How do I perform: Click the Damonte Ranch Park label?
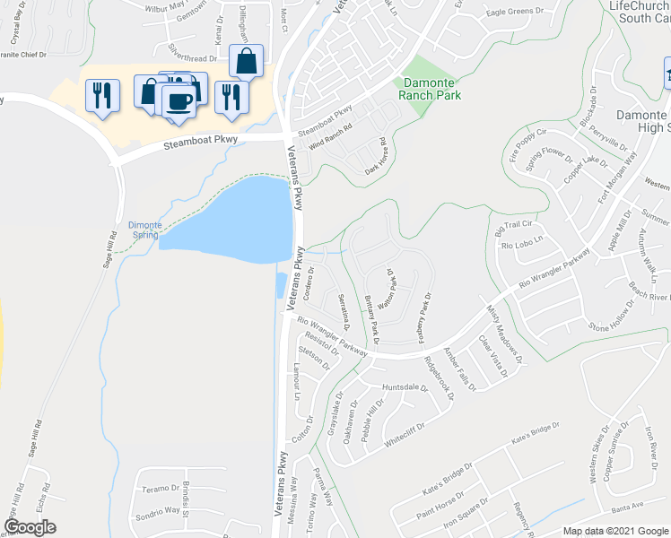tap(431, 88)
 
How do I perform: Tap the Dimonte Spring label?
tap(144, 230)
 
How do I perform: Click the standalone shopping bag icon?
tap(245, 63)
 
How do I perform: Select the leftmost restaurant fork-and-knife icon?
tap(101, 94)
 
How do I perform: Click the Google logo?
tap(30, 527)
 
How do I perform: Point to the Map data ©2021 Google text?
tap(614, 531)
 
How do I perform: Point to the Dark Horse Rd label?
tap(374, 154)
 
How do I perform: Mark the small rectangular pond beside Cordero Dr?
tap(281, 286)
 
